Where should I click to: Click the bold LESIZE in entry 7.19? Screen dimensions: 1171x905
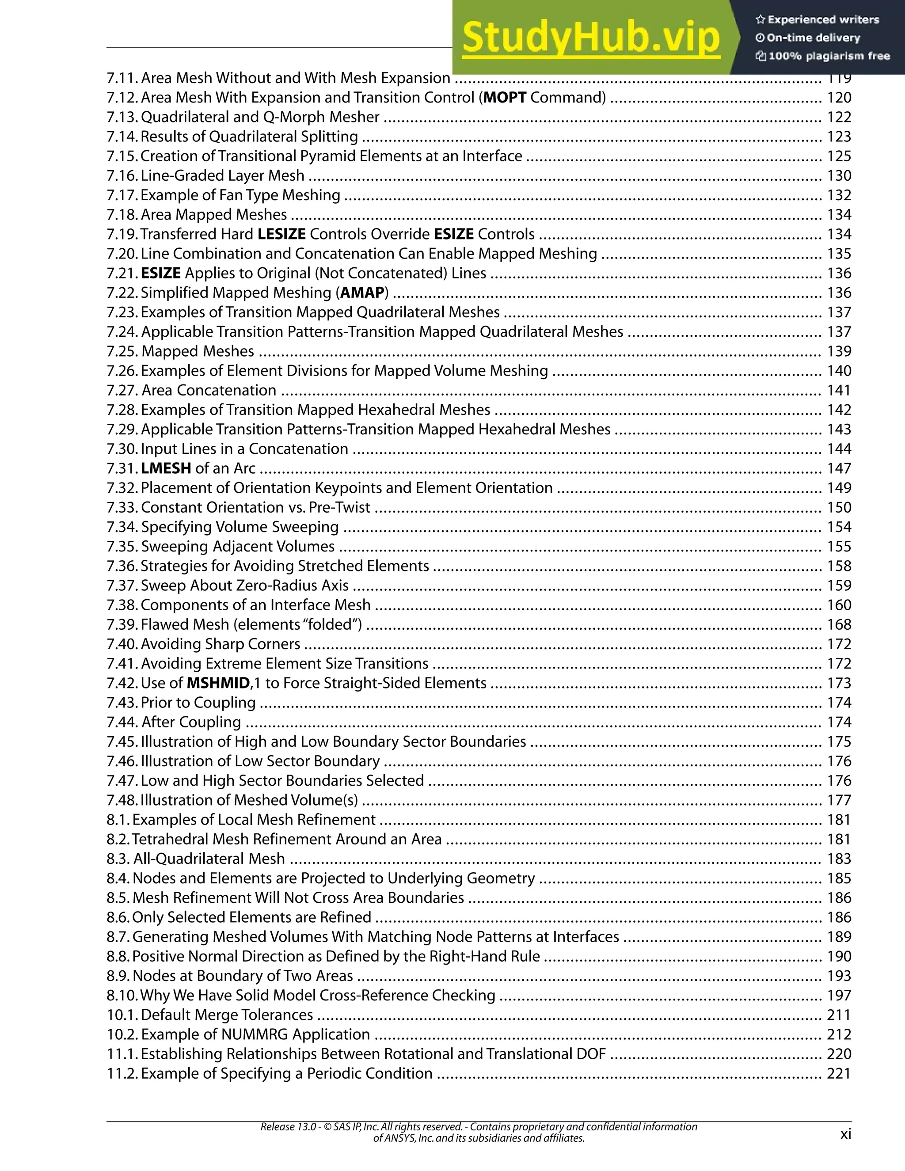tap(281, 234)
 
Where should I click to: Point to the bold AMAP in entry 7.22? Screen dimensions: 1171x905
tap(362, 293)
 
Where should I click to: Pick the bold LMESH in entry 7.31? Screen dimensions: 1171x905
tap(166, 468)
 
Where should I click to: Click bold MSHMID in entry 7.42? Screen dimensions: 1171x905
tap(218, 683)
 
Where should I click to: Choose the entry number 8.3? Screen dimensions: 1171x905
tap(118, 859)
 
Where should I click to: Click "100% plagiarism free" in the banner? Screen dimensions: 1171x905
tap(829, 56)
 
